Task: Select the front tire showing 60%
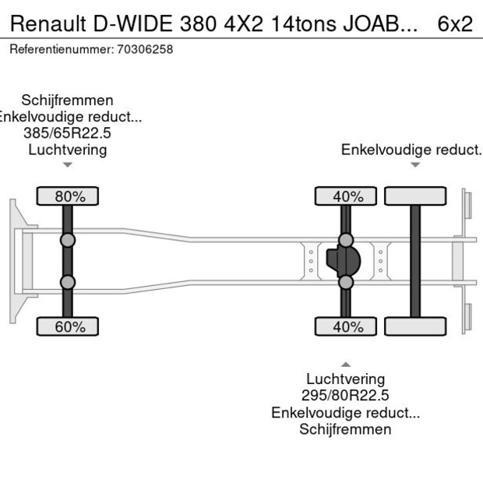coord(68,326)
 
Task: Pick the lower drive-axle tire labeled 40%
coord(345,326)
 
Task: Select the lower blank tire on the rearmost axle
coord(415,326)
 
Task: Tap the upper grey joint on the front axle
coord(68,240)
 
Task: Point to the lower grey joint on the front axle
coord(68,282)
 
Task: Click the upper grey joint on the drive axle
coord(345,240)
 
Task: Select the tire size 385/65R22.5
coord(68,133)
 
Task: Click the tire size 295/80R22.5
coord(345,396)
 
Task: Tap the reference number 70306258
coord(144,49)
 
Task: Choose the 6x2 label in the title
coord(454,24)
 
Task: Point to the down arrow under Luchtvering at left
coord(68,164)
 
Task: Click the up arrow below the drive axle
coord(345,364)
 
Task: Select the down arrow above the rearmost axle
coord(415,164)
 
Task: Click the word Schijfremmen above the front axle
coord(68,100)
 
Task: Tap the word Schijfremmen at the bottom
coord(345,429)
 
